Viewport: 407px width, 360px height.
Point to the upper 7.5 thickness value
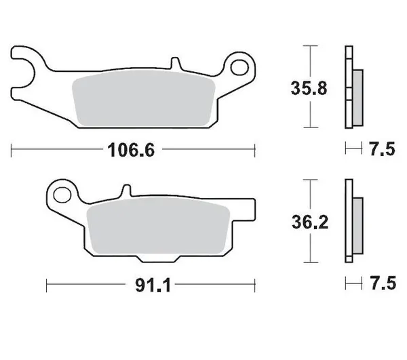382,150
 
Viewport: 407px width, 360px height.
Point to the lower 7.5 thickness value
382,284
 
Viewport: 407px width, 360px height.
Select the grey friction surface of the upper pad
142,100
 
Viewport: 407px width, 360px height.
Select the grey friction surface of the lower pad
159,231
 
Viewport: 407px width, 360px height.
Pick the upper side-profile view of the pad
353,86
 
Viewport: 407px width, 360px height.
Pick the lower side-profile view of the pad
353,220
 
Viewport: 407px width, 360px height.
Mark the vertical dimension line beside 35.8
311,86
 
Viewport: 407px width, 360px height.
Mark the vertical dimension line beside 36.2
311,221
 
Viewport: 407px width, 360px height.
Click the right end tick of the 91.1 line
255,284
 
